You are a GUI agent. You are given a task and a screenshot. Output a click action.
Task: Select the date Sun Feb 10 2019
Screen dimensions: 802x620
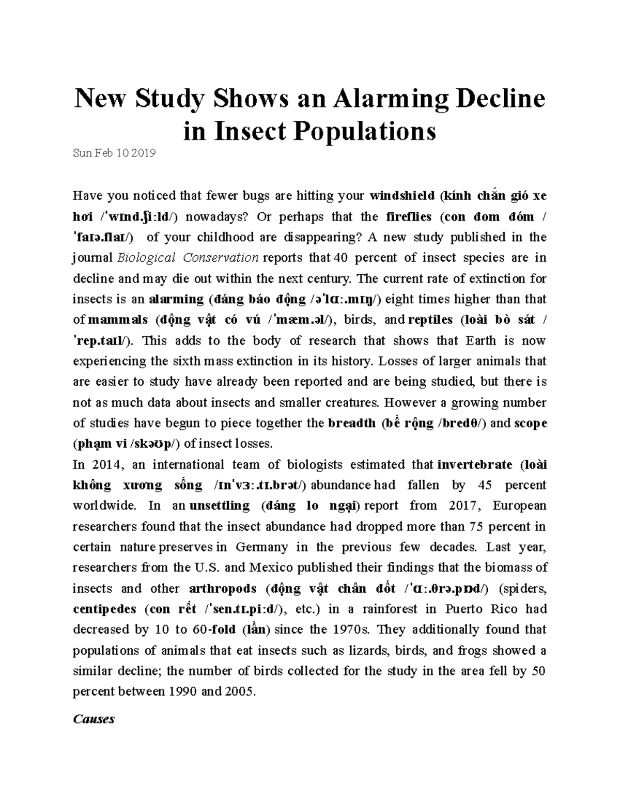pos(114,153)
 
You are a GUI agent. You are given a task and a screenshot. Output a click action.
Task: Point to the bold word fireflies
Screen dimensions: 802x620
pos(411,216)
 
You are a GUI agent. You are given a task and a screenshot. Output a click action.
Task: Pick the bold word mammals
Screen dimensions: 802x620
pos(118,320)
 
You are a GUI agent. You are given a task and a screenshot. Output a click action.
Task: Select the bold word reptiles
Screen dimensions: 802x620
pos(430,320)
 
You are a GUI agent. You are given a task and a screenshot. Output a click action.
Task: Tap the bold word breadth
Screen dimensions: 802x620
pos(352,423)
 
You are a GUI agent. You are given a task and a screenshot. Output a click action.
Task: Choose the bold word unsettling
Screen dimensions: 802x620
pos(219,506)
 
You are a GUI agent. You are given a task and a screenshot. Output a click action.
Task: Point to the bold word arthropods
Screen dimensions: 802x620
pos(223,589)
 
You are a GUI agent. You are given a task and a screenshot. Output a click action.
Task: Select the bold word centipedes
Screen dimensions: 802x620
pos(104,609)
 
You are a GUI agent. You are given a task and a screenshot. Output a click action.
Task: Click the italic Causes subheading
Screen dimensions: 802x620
pos(94,719)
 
